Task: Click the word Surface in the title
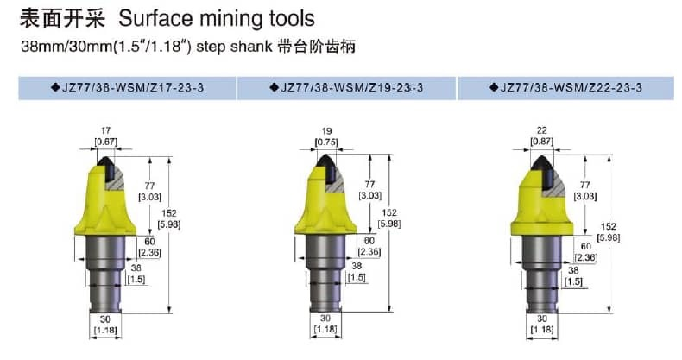click(155, 18)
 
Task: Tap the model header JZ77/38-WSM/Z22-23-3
click(571, 87)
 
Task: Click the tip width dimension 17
click(105, 130)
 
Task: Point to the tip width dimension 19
click(326, 131)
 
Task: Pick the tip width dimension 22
click(542, 130)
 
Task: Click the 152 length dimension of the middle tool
click(388, 212)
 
